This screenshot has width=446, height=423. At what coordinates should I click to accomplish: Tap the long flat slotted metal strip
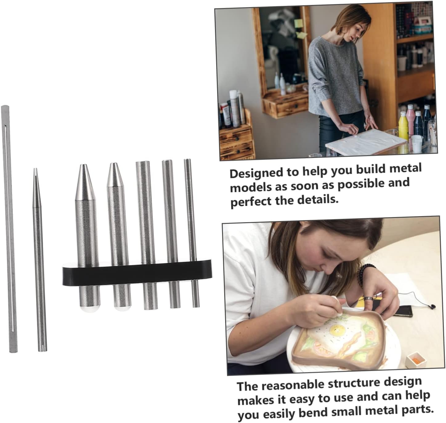(x=9, y=229)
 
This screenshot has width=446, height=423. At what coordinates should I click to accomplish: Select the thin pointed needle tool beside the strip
(x=40, y=260)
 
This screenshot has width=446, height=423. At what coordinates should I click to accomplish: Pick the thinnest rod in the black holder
(x=192, y=233)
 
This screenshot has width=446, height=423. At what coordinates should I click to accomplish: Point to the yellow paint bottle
(x=403, y=126)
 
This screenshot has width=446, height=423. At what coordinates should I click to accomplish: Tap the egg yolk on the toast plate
(x=336, y=330)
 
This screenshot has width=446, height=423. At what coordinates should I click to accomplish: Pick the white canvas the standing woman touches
(x=365, y=142)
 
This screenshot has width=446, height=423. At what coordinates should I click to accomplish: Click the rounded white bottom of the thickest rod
(x=90, y=309)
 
